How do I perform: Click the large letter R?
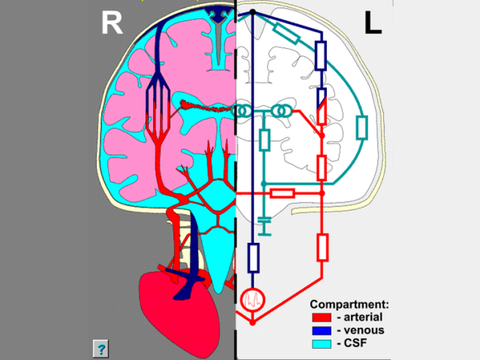(112, 24)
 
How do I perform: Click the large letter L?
(373, 24)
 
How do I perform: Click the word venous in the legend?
(361, 330)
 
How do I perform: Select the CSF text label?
(354, 343)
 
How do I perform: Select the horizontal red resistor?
(283, 193)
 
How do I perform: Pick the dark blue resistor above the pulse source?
(253, 257)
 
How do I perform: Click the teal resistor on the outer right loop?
(362, 127)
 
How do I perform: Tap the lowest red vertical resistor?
(322, 246)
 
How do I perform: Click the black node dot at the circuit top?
(253, 13)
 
